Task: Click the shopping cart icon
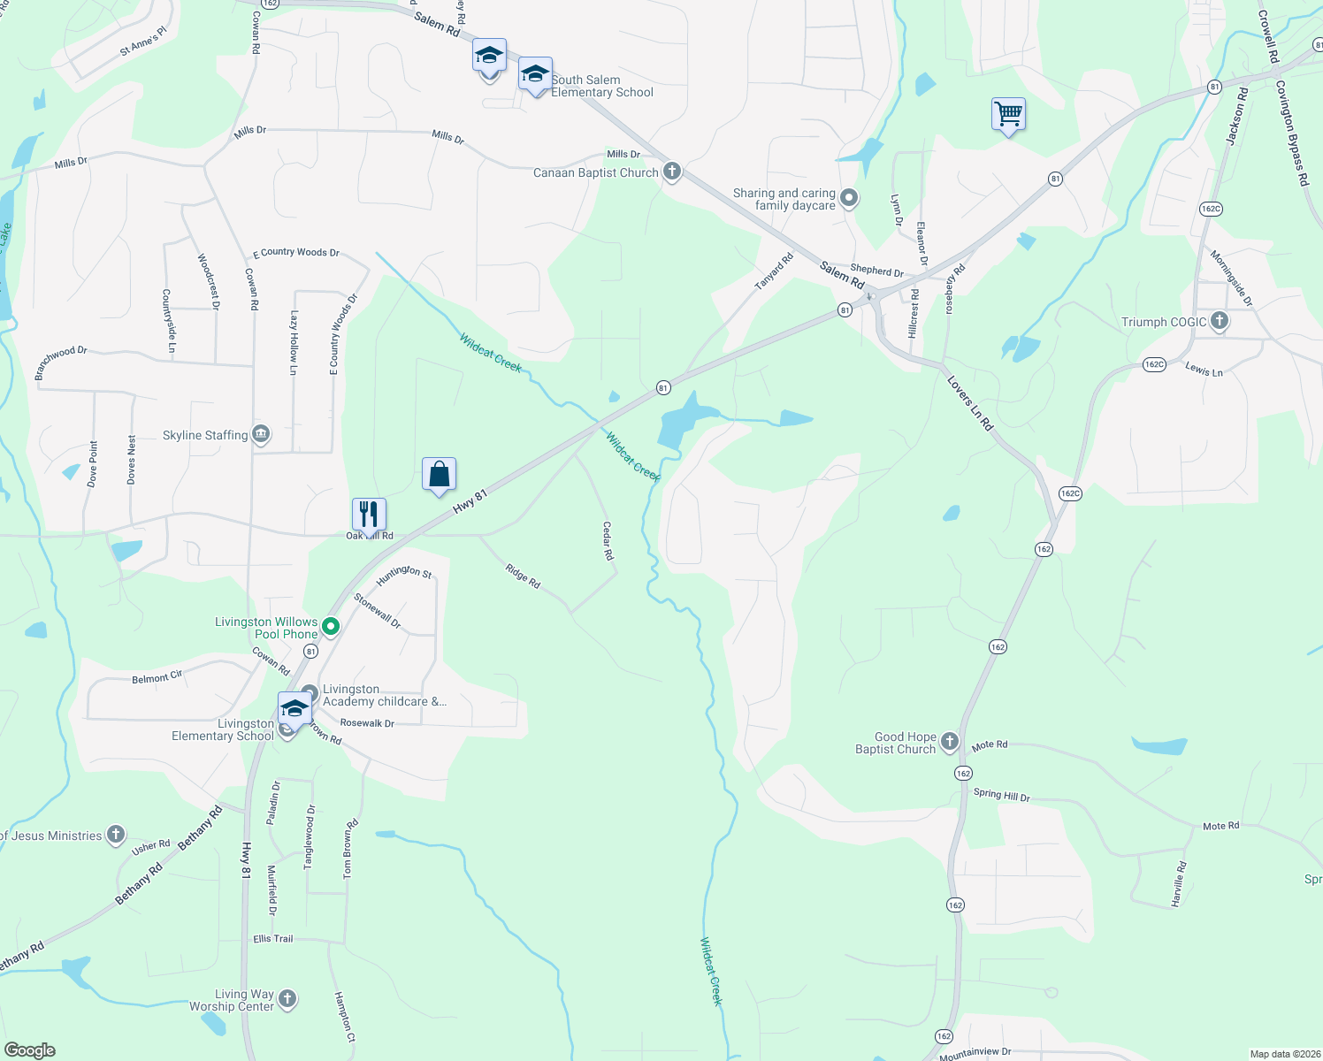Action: pos(1008,114)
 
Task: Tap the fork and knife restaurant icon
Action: pos(369,513)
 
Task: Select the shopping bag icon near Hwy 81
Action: pos(439,475)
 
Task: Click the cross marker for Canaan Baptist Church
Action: pos(672,172)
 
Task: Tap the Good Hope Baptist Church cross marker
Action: pos(950,742)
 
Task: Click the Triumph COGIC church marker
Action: pos(1220,321)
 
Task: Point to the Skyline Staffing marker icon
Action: pos(261,434)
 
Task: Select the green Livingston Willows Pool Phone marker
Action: pos(331,627)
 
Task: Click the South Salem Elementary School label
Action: pos(602,86)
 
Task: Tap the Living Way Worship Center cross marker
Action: pos(287,999)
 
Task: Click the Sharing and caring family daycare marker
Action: pos(849,198)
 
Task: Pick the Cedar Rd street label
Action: pos(608,541)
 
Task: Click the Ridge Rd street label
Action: pos(523,576)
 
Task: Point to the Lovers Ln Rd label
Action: pos(970,404)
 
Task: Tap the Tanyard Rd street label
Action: pos(774,271)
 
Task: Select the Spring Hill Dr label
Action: pos(1001,795)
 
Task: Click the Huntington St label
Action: pos(404,572)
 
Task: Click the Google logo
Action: pos(30,1050)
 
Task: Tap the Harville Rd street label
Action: pos(1178,886)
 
